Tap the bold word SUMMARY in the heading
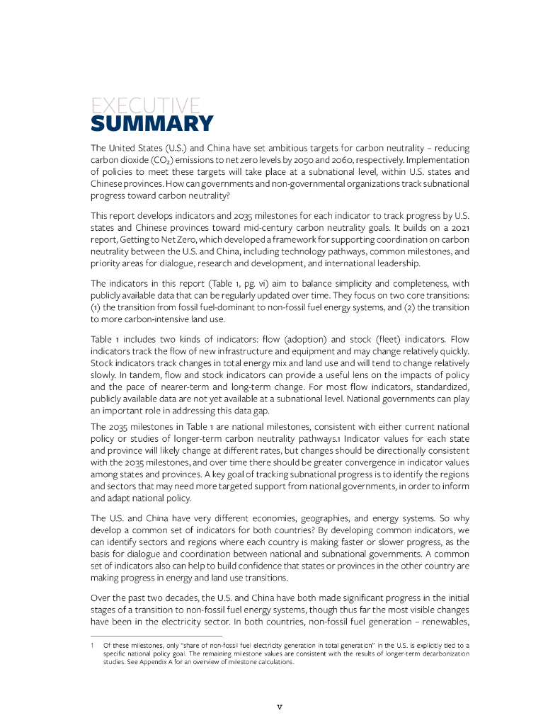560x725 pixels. [152, 124]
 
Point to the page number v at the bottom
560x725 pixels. [280, 706]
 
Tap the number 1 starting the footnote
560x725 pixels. [93, 646]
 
